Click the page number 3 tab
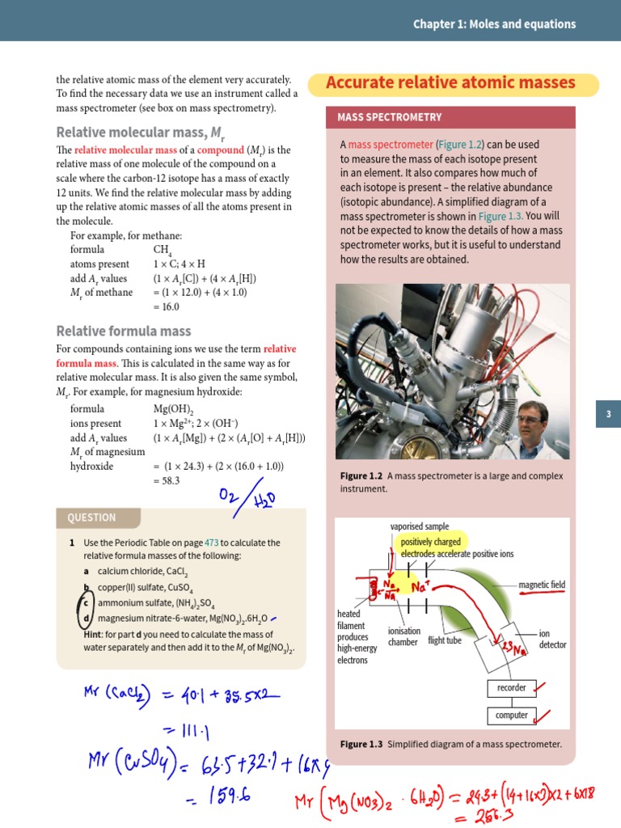(608, 415)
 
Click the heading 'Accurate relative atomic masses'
(450, 83)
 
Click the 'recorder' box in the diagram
(511, 688)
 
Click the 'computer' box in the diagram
(511, 716)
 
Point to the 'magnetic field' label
(542, 585)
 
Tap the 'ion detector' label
(552, 639)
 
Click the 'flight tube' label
(445, 641)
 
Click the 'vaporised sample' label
(419, 526)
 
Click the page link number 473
(212, 543)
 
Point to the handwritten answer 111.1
(191, 732)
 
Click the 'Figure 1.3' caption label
(361, 744)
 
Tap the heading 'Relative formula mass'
(123, 331)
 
